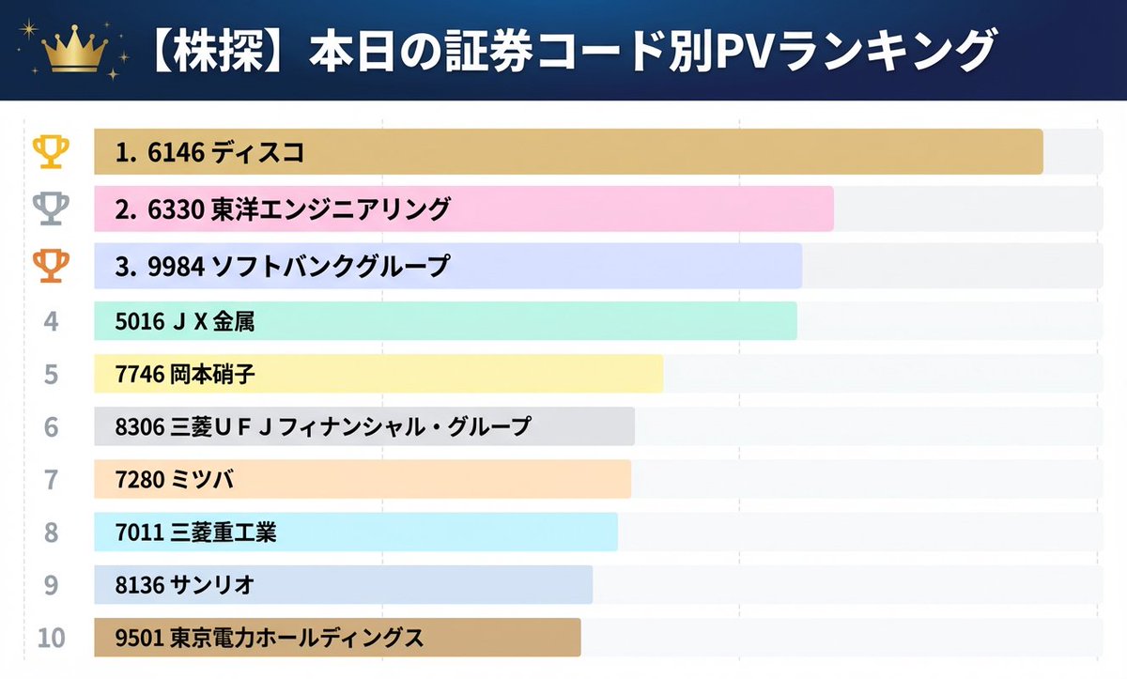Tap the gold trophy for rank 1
coord(51,151)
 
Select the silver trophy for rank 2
coord(51,208)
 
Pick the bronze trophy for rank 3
coord(51,266)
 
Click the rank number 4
coord(51,322)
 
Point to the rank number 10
coord(51,638)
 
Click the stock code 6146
coord(176,152)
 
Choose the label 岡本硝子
coord(212,375)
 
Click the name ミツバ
coord(201,480)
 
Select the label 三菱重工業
coord(223,532)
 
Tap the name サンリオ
coord(211,585)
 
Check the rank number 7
coord(51,480)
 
